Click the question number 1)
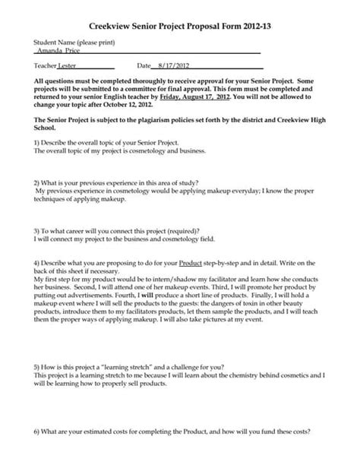37,143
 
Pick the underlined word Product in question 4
190,262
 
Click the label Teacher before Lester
45,66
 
